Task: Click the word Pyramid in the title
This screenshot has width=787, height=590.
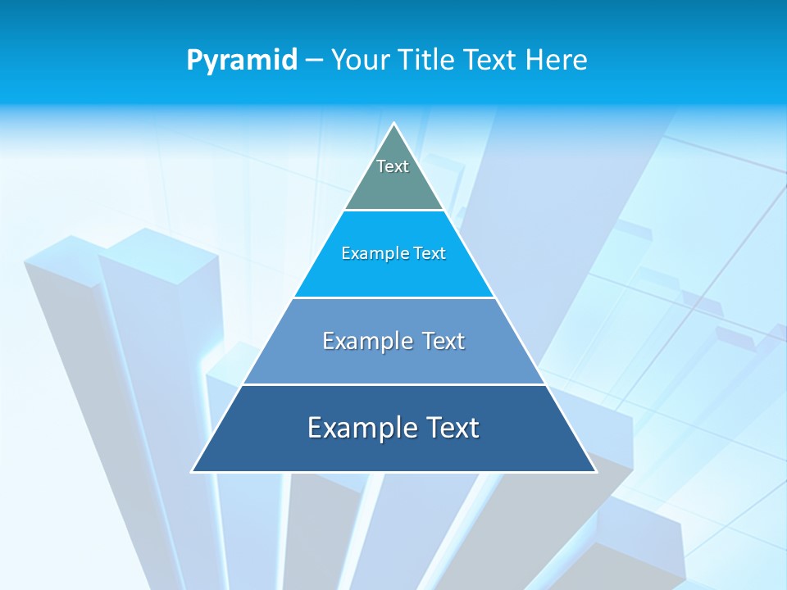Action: tap(242, 61)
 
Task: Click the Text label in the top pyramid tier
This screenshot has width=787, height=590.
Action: tap(393, 166)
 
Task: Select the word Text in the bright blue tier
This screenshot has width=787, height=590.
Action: tap(430, 253)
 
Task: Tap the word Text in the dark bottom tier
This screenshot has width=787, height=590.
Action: tap(450, 428)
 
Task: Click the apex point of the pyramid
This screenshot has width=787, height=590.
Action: tap(394, 124)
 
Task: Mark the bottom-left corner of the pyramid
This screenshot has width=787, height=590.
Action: tap(193, 471)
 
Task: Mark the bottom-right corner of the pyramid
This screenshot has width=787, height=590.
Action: tap(595, 471)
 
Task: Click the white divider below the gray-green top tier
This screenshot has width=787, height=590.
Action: tap(394, 211)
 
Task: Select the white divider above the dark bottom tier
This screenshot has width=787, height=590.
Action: tap(394, 384)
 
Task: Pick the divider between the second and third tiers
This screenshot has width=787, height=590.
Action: tap(394, 297)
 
